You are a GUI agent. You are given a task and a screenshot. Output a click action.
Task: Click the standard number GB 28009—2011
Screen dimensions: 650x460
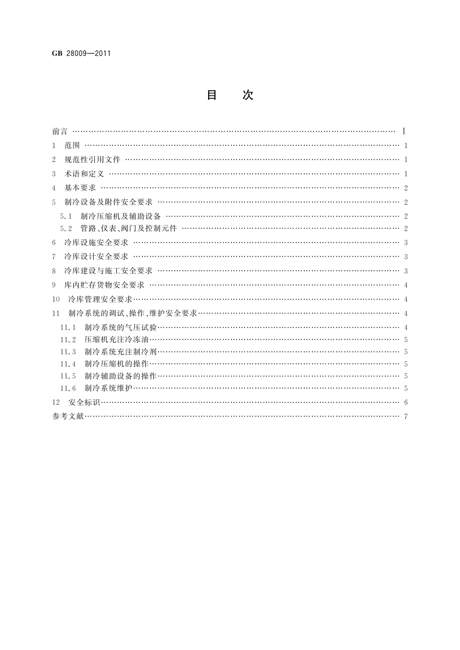81,54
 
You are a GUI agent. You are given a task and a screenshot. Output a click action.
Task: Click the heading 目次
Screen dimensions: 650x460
230,95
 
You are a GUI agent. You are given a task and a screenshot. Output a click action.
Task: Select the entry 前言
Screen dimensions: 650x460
60,132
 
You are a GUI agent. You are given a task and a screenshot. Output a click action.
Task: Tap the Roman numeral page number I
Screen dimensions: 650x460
404,132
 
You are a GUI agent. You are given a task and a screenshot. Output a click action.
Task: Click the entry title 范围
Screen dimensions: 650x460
72,146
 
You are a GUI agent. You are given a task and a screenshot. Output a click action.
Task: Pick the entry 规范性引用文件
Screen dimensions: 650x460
92,160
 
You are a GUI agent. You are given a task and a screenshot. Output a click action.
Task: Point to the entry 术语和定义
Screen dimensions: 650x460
84,174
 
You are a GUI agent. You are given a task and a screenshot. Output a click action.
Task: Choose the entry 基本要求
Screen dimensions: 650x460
80,188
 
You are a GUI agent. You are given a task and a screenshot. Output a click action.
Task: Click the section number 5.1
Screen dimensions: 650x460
66,216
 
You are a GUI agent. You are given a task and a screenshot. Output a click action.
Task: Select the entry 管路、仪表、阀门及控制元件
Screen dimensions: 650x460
129,229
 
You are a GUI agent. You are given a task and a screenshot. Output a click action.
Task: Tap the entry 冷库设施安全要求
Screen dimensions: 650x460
96,243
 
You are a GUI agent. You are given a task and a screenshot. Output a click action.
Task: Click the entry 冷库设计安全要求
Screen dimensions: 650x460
96,257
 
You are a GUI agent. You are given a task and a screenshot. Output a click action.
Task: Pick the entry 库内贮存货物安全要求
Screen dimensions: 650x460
104,285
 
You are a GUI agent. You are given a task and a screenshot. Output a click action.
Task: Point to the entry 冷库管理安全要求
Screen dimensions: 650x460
100,299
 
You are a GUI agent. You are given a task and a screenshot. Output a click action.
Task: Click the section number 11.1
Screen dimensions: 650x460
68,328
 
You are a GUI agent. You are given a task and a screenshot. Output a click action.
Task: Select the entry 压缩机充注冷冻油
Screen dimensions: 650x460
117,340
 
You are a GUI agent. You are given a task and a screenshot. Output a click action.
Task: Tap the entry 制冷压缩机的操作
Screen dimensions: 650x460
117,364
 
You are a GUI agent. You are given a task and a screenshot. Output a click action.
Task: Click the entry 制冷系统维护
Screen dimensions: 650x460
109,388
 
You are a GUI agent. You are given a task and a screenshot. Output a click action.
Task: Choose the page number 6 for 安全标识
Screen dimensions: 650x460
406,403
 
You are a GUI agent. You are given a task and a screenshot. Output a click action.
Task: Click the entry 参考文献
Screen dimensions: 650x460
68,416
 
